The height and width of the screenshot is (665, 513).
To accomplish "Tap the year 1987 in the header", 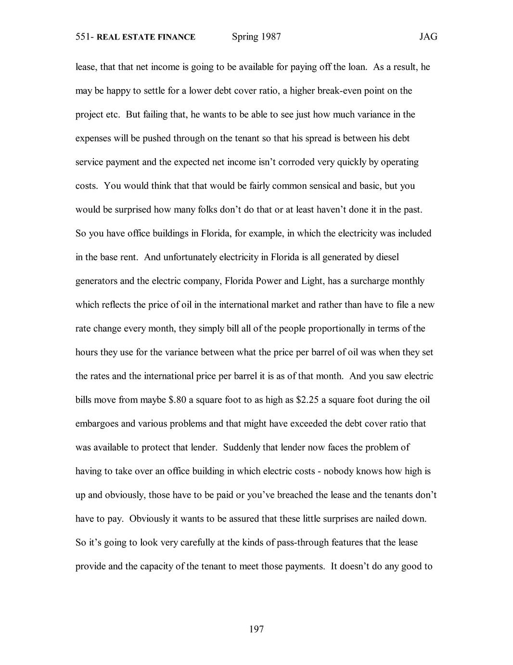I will tap(271, 37).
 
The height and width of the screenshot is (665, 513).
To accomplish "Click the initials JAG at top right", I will tap(428, 37).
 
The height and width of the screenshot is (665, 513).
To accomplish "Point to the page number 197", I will tap(256, 629).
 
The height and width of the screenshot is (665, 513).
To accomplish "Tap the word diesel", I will tap(385, 257).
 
